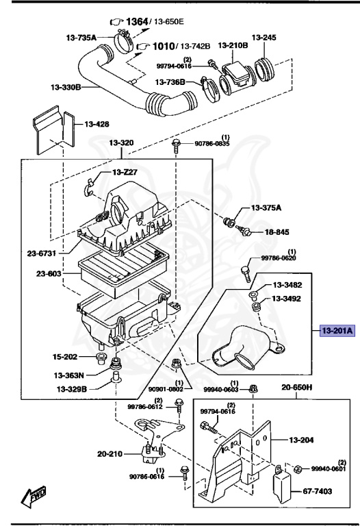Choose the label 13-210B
[x=233, y=46]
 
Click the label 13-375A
[x=269, y=208]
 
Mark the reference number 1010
[x=164, y=46]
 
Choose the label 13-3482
[x=288, y=285]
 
